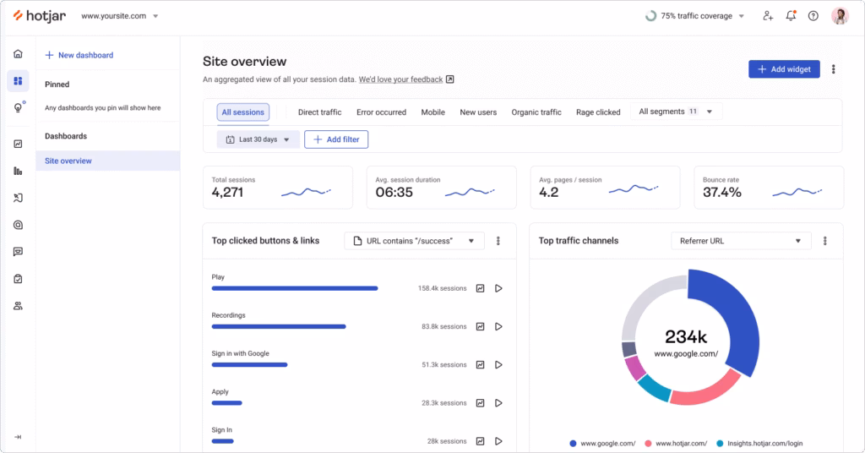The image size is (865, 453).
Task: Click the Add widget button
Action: pos(783,69)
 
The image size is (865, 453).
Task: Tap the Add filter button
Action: pos(336,139)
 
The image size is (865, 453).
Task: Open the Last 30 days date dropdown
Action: pos(258,139)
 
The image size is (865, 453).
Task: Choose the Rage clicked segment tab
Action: pos(598,112)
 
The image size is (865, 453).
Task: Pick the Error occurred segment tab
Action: pos(381,112)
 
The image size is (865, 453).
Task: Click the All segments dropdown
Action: pos(676,112)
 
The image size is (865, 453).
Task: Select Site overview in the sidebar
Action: pos(68,161)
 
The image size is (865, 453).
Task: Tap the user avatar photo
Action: pos(840,15)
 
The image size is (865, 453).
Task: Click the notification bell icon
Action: pos(791,15)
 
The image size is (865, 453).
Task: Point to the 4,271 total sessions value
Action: pos(227,193)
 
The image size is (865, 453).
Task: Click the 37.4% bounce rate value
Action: pos(722,193)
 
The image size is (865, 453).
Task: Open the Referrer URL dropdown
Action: pos(741,241)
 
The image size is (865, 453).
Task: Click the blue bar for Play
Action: pos(294,288)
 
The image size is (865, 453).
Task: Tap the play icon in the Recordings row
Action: pos(498,326)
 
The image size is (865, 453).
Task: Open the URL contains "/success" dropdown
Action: pos(415,241)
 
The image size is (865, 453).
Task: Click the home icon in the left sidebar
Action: pos(18,54)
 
